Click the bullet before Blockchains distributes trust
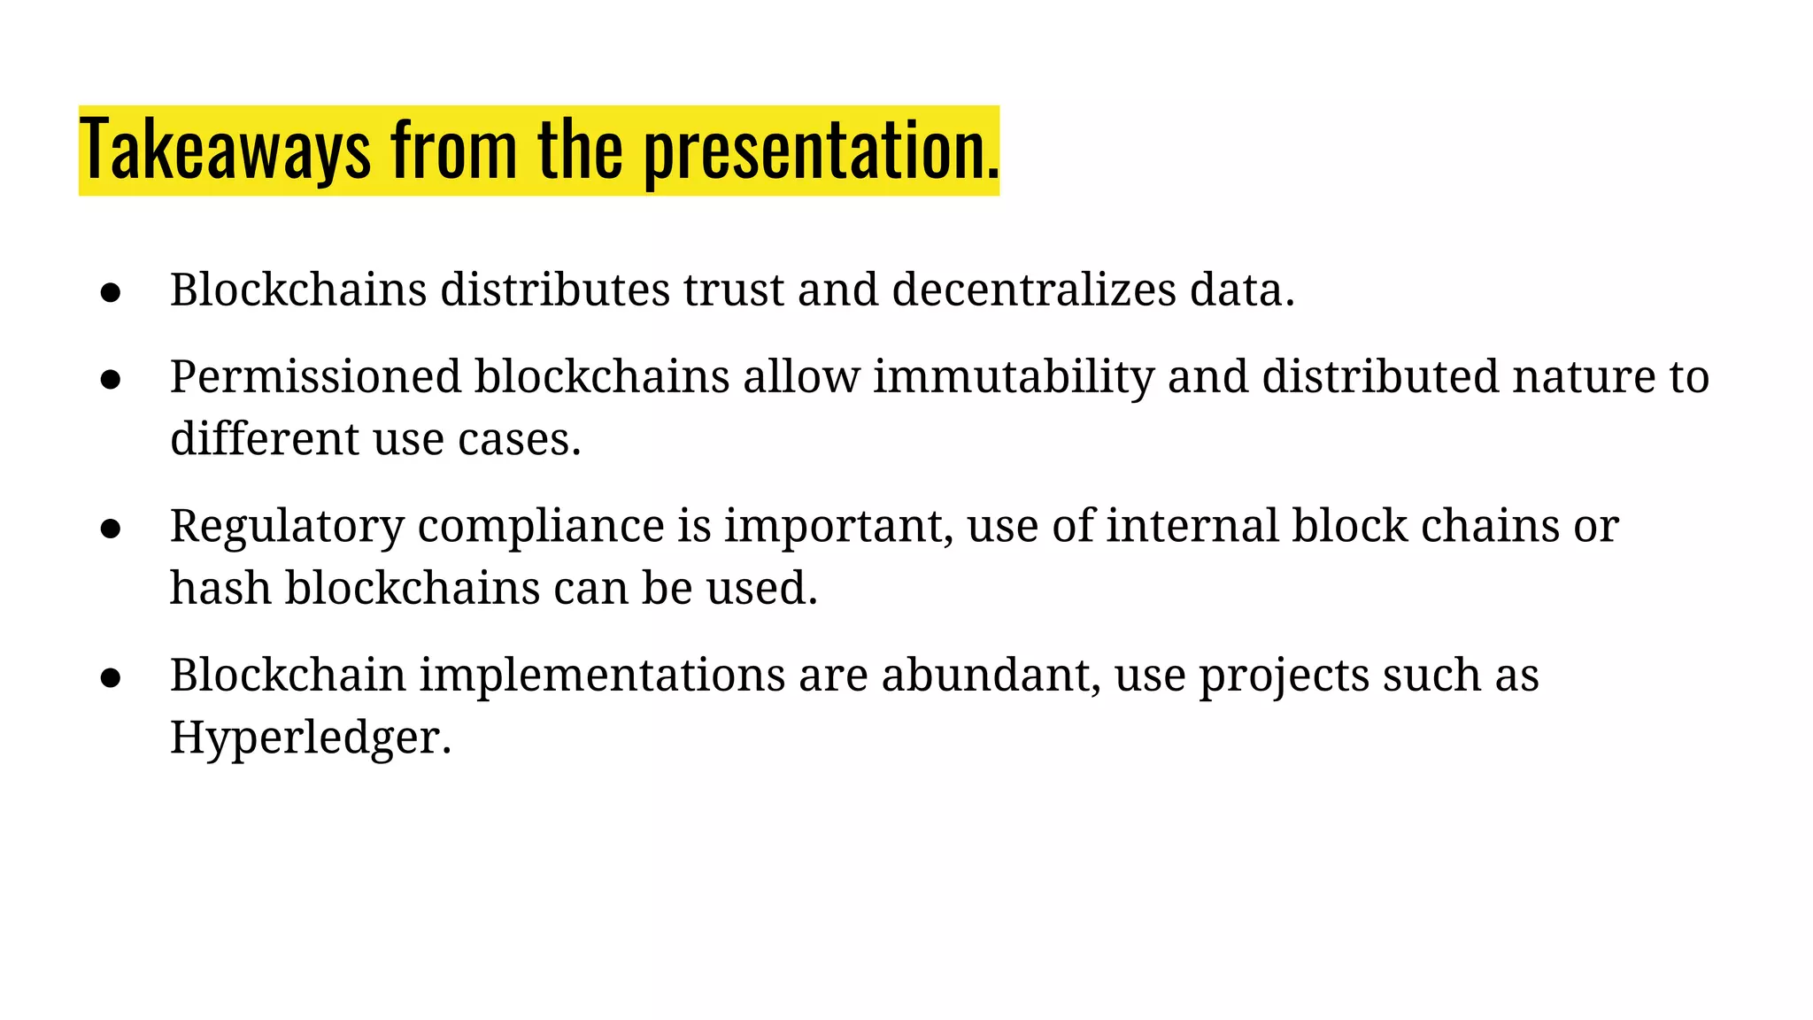click(111, 293)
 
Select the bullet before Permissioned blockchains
click(111, 380)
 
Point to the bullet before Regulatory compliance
click(111, 529)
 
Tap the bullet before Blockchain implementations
click(111, 678)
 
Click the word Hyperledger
click(310, 738)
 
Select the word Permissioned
click(315, 378)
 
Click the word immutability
click(1013, 378)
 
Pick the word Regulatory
click(287, 527)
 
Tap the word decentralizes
click(1034, 290)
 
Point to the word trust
click(733, 290)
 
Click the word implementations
click(602, 676)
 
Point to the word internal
click(1192, 527)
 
